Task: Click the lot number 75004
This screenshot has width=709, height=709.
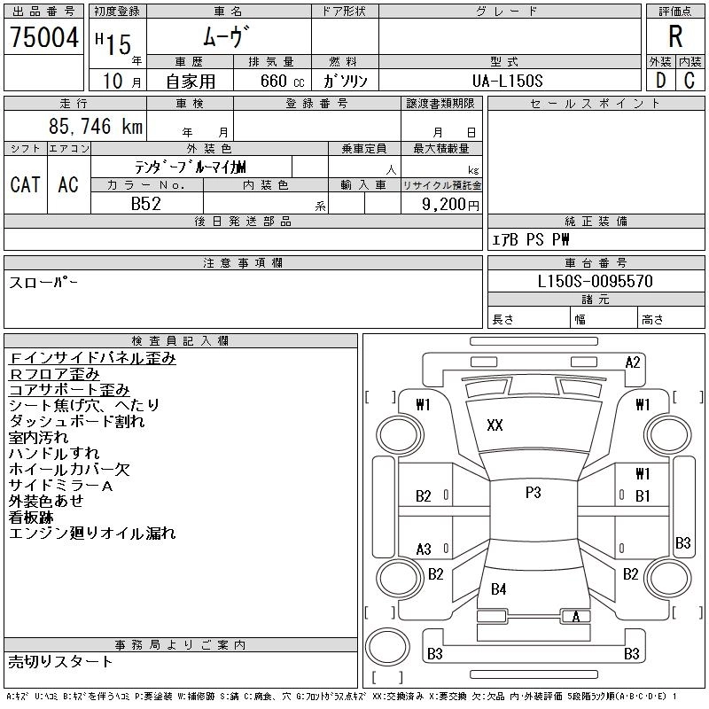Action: coord(43,38)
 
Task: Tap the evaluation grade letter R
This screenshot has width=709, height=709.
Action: coord(675,38)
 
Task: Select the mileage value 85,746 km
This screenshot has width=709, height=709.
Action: coord(96,127)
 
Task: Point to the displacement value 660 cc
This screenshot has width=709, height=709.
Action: coord(271,81)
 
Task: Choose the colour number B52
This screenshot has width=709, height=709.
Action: coord(146,204)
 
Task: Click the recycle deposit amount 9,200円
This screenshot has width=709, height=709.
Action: coord(451,204)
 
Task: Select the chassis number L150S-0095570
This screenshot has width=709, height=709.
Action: coord(596,281)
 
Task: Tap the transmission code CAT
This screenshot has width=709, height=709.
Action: coord(25,184)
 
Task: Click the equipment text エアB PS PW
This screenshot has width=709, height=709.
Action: coord(531,239)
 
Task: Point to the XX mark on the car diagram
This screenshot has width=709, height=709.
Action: coord(495,425)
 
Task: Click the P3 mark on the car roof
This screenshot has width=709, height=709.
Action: coord(533,493)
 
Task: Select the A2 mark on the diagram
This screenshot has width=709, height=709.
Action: coord(633,362)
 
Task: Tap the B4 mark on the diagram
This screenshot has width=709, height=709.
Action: coord(499,588)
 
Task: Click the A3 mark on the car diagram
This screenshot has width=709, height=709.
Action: coord(424,549)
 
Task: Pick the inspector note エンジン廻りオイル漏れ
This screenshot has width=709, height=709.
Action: coord(92,534)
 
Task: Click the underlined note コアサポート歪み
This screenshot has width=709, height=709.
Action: coord(69,390)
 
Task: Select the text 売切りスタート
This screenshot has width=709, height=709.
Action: coord(61,661)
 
